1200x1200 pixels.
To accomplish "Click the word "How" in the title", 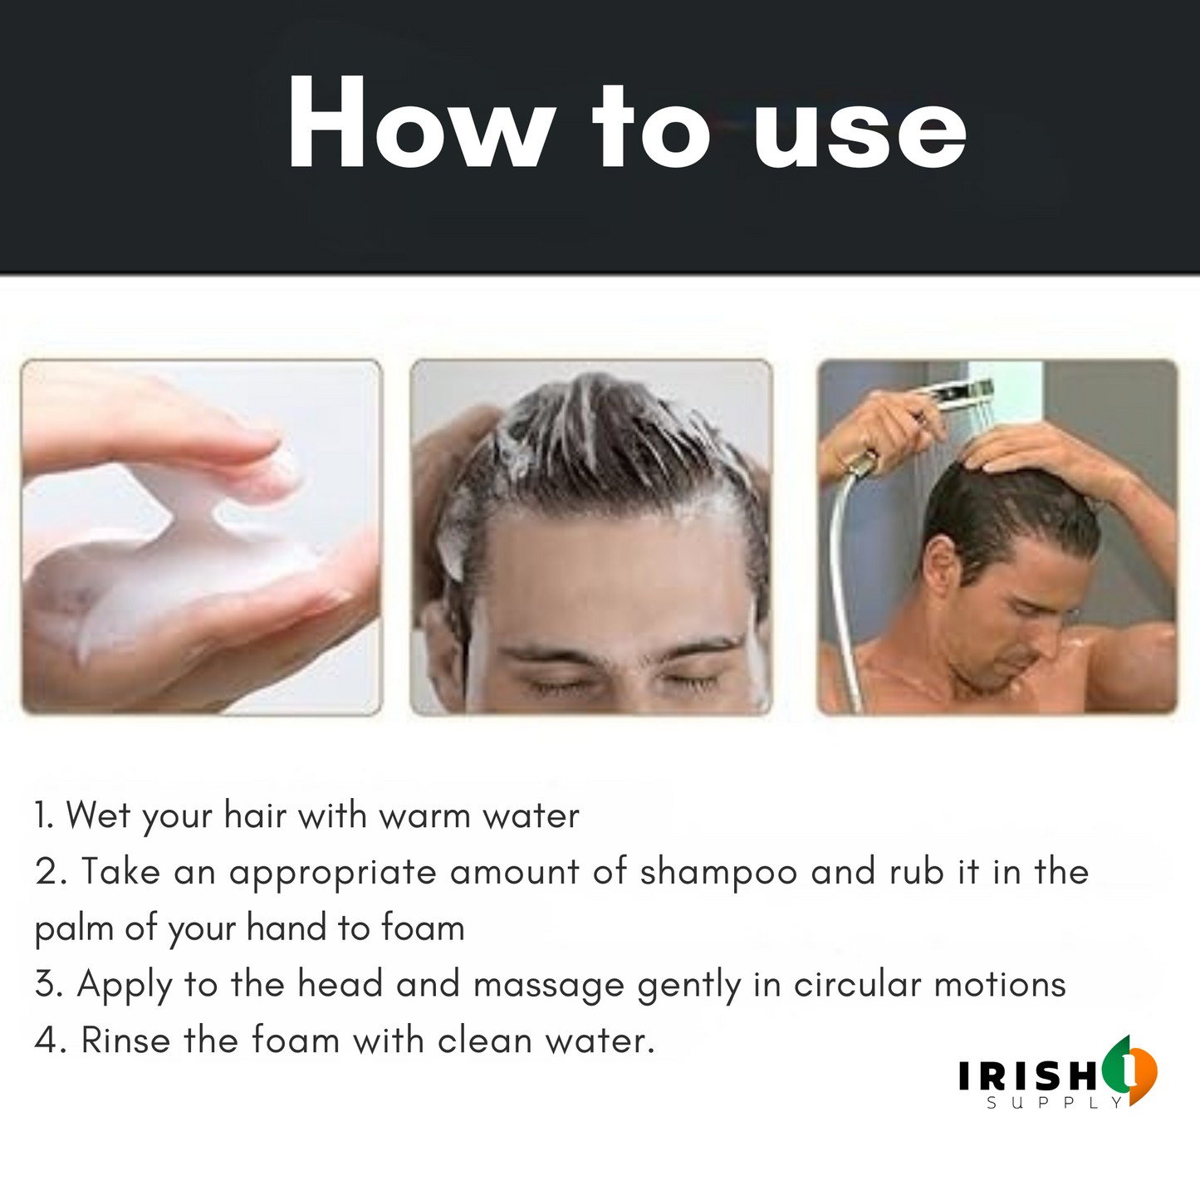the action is point(421,122).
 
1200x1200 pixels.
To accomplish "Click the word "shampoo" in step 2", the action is point(718,873).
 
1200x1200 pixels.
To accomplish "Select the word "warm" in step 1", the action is point(424,816).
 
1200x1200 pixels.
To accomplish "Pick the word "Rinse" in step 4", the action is point(125,1041).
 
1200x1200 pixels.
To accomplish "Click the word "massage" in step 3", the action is point(549,986).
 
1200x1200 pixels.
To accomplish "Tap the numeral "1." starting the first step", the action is point(44,815).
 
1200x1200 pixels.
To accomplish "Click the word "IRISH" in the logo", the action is point(1027,1075).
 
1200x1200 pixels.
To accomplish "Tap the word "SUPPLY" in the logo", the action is point(1055,1103).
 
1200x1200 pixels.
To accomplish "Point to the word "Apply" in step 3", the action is point(124,986).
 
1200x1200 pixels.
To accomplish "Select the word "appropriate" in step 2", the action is point(332,873).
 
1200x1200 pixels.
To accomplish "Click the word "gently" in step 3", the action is point(689,986).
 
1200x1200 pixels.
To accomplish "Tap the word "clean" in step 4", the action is point(484,1041).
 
